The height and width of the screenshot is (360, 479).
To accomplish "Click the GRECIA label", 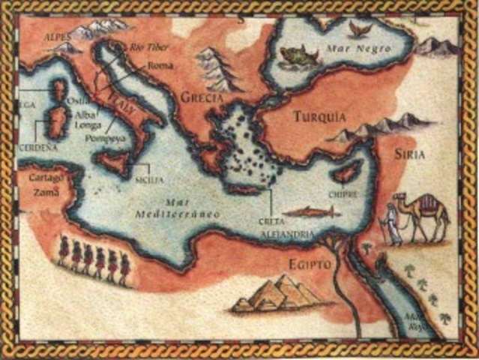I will click(x=203, y=97).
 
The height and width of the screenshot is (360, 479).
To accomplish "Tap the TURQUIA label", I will click(x=320, y=117).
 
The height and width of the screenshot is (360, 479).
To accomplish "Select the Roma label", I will click(x=160, y=65).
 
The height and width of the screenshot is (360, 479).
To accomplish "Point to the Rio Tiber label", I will click(x=147, y=47).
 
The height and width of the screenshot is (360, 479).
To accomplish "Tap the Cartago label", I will click(x=46, y=178).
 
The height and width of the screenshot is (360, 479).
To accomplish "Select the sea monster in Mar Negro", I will click(x=294, y=54).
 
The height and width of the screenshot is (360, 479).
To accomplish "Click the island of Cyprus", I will click(x=346, y=175).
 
